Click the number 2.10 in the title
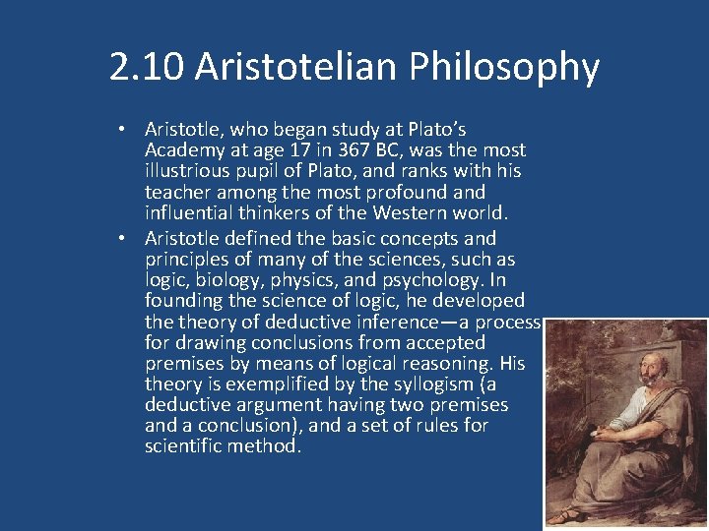pyautogui.click(x=147, y=67)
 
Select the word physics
pyautogui.click(x=301, y=279)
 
